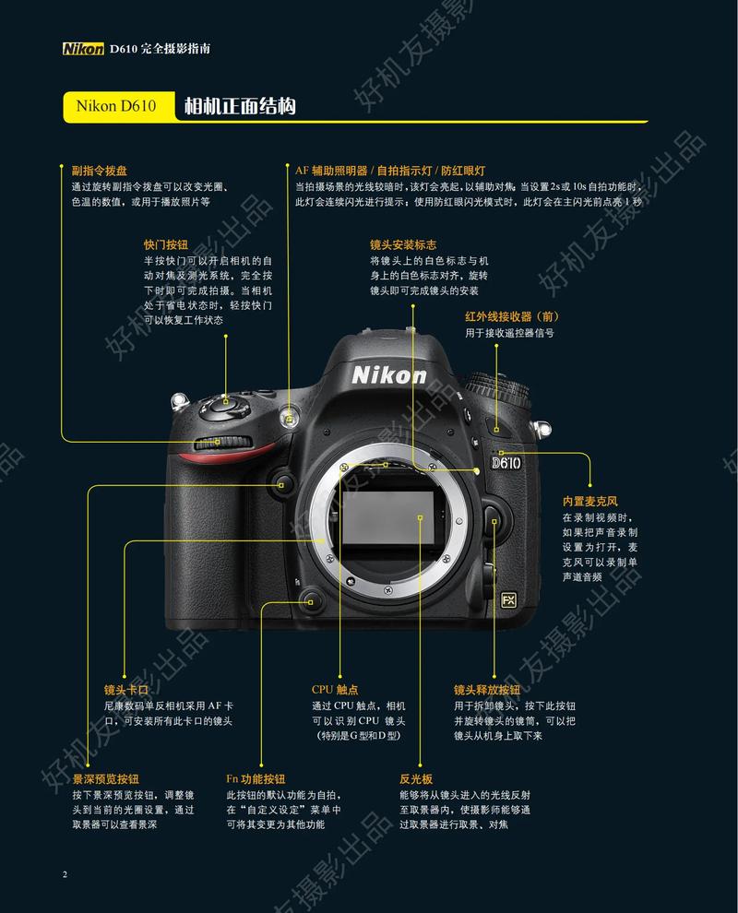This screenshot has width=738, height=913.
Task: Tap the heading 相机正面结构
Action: [x=240, y=106]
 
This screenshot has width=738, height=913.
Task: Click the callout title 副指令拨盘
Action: [x=100, y=171]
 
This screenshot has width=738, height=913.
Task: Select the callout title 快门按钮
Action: [x=166, y=245]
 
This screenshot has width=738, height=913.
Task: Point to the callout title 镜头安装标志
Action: [x=403, y=245]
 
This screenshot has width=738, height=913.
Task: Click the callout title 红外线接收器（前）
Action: [x=512, y=316]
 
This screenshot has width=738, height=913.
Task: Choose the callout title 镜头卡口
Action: [x=126, y=689]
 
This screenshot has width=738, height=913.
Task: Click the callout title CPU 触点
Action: [x=335, y=689]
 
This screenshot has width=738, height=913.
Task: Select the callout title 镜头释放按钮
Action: [x=486, y=689]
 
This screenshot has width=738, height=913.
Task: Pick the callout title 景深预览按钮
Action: [x=112, y=778]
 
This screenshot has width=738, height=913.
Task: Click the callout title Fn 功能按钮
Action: [x=256, y=778]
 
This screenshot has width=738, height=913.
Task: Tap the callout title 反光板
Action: [x=416, y=778]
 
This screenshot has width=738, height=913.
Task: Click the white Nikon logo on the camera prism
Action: [x=388, y=374]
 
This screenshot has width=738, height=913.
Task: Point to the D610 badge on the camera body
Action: [x=507, y=462]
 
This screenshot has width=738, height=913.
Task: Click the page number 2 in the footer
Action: [x=65, y=873]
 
